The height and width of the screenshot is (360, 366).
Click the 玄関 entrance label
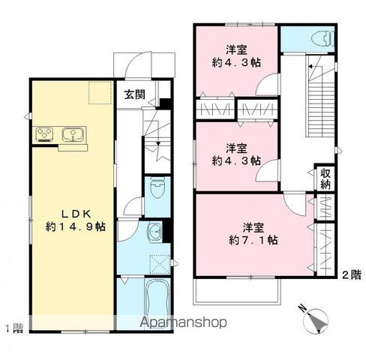135,94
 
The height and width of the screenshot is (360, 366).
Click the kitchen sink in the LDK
73,136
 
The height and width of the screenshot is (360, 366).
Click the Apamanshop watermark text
184,323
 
